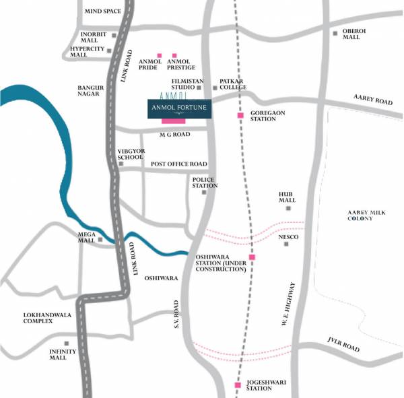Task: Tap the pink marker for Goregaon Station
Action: coord(240,116)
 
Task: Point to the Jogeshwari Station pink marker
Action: coord(237,385)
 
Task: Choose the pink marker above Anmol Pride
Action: coord(159,55)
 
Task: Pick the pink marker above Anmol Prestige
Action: coord(175,55)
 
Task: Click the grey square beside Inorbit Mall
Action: coord(114,35)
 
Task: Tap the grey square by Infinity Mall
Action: coord(66,343)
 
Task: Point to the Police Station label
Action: coord(205,183)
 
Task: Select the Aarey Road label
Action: coord(372,100)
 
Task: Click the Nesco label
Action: coord(290,237)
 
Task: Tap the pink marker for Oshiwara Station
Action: coord(252,257)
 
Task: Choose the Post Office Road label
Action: coord(178,164)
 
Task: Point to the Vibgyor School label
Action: coord(131,154)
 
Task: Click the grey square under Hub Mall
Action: coord(288,208)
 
